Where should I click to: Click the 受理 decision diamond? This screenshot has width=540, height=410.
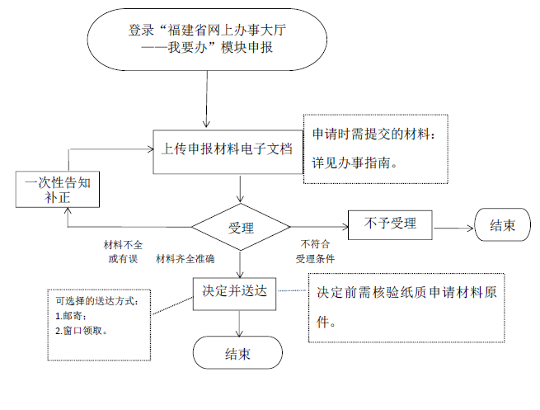click(241, 227)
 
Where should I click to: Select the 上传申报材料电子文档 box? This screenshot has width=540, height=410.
click(228, 152)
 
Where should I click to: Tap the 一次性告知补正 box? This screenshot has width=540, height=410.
click(58, 189)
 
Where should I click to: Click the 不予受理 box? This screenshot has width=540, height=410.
click(390, 225)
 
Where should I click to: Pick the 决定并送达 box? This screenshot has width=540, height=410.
click(234, 294)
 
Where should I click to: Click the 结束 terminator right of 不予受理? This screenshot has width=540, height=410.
click(502, 224)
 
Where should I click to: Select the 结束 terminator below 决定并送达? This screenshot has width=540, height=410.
click(237, 352)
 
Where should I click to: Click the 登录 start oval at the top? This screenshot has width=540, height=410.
click(207, 40)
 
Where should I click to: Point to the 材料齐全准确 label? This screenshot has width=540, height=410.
click(185, 259)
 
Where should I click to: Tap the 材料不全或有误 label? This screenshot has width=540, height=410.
click(123, 252)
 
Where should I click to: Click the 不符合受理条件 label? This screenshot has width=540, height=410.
click(315, 252)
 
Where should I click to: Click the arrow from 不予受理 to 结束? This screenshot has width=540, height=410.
click(454, 228)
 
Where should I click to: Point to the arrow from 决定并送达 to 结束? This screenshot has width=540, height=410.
click(239, 323)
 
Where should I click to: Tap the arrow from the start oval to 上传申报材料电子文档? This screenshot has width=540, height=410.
click(207, 99)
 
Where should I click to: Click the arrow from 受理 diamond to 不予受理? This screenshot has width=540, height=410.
click(319, 227)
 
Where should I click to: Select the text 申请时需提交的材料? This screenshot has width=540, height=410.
click(370, 134)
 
